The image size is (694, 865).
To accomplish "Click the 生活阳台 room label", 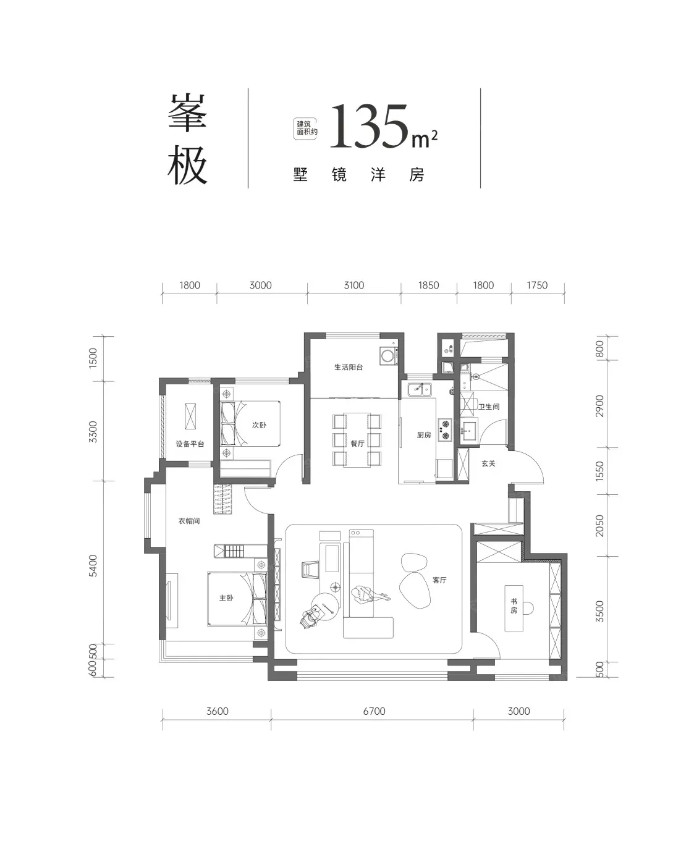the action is (x=349, y=367).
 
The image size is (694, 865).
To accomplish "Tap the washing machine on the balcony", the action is (x=389, y=355).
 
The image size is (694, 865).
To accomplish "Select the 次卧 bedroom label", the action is (x=259, y=425).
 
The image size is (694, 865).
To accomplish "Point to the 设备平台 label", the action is (x=190, y=444).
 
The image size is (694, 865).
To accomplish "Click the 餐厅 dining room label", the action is (x=357, y=444).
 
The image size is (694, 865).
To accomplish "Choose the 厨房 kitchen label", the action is (x=424, y=435).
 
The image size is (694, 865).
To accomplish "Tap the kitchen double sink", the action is (x=420, y=389).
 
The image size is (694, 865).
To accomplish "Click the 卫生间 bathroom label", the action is (x=489, y=407).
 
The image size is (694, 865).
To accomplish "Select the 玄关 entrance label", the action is (x=489, y=463).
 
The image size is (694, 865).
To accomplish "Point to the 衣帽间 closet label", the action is (x=189, y=521).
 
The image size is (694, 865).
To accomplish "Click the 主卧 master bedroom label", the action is (x=226, y=597).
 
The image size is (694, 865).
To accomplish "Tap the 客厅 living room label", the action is (x=439, y=580).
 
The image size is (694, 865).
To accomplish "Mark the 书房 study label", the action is (x=514, y=605).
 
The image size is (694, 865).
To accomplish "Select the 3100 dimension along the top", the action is (x=354, y=285).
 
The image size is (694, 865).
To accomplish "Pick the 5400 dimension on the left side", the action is (x=93, y=566).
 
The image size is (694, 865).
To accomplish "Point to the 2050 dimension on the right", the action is (x=599, y=526).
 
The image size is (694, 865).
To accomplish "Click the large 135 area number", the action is (x=369, y=125).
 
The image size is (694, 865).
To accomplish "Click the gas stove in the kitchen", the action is (x=445, y=429).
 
